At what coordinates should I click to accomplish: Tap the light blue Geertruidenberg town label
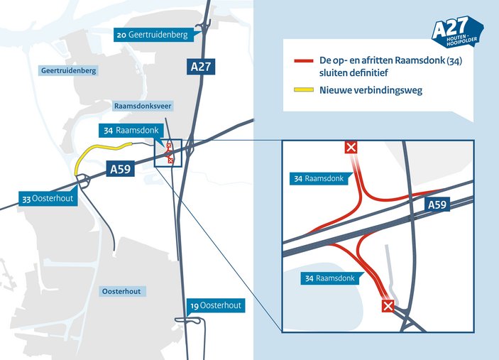[68, 71]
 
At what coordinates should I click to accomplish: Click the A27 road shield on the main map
[201, 67]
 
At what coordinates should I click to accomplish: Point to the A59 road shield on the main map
[120, 169]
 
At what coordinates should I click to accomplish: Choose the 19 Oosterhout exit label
[216, 305]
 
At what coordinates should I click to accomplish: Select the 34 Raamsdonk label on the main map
[131, 131]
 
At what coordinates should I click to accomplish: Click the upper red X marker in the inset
[351, 148]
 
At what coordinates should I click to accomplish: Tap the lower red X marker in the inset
[388, 307]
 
